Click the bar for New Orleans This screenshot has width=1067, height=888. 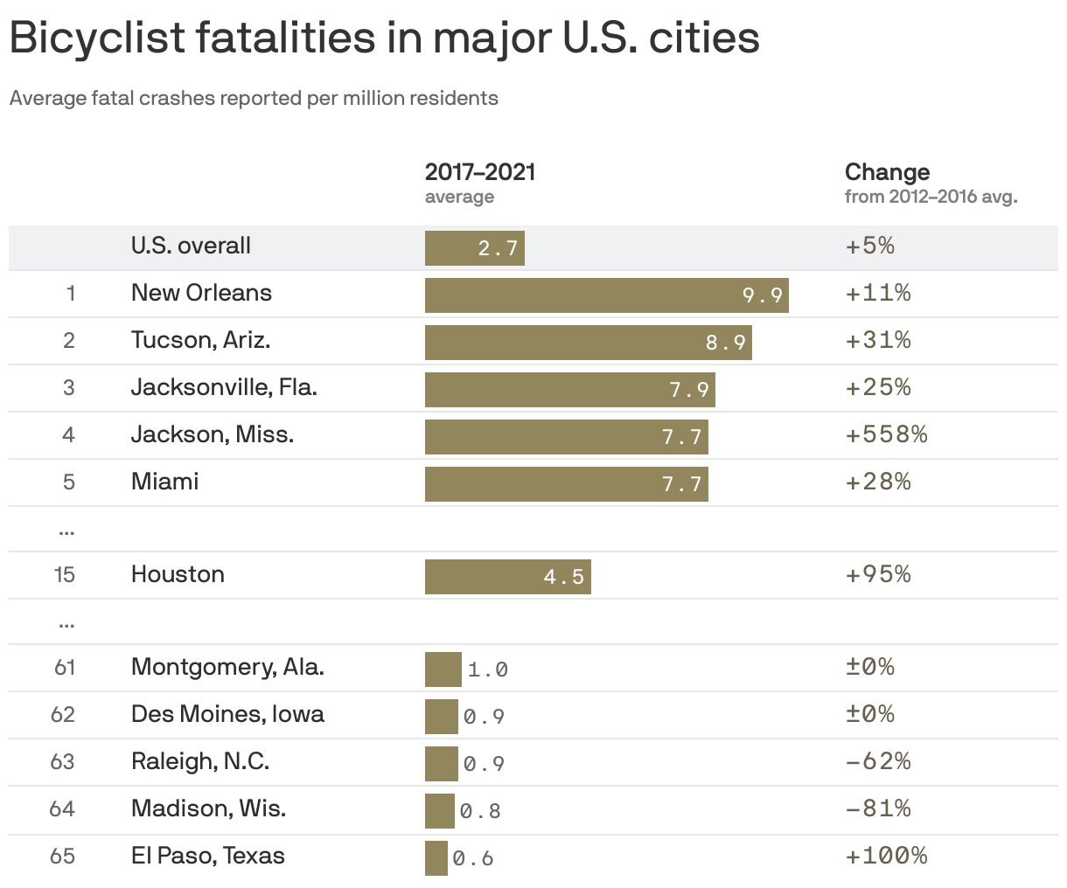coord(606,295)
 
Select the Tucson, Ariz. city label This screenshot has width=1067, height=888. coord(200,340)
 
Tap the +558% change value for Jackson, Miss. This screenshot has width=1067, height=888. coord(886,434)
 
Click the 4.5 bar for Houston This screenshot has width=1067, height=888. coord(507,577)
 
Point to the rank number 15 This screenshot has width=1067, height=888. coord(64,574)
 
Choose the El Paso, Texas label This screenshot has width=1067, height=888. coord(207,856)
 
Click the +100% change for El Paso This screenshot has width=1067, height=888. coord(886,856)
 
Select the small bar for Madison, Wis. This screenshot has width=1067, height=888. coord(439,811)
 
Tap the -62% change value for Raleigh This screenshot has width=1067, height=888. coord(877,761)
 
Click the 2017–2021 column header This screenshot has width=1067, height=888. coord(479,172)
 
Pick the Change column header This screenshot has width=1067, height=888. coord(887,172)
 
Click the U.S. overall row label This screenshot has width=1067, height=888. coord(191,246)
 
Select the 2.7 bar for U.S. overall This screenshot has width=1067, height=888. coord(474,248)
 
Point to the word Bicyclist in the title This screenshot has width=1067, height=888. coord(97,38)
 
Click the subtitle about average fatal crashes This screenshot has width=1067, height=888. coord(254,98)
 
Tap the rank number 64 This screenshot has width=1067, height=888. coord(62,808)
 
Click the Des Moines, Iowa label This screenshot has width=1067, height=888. coord(227,714)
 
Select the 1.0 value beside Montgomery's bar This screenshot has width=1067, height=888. coord(487,670)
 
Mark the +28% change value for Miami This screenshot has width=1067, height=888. coord(877,482)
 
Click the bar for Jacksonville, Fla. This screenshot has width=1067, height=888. coord(569,390)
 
